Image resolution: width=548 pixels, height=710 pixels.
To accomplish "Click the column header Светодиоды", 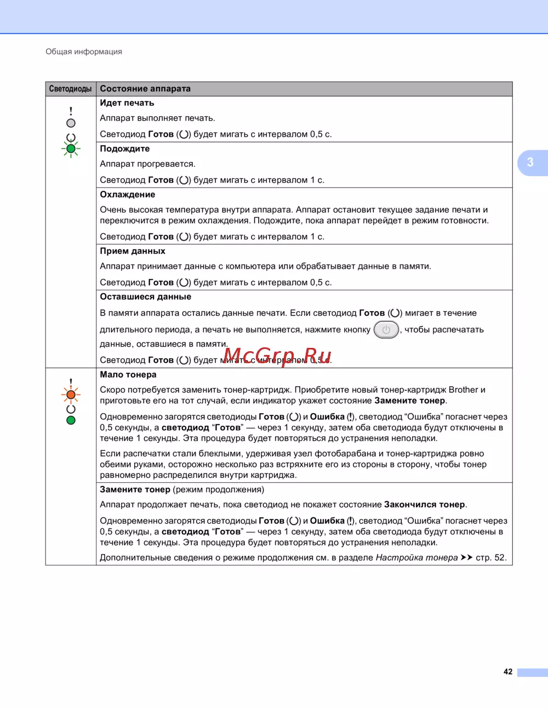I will (71, 89).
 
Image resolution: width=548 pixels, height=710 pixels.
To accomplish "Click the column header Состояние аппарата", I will (145, 89).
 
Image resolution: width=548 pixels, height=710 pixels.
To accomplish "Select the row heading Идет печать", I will (127, 103).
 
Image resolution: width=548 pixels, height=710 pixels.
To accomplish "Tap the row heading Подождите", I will (124, 149).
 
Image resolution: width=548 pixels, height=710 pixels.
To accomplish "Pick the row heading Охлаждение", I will (127, 195).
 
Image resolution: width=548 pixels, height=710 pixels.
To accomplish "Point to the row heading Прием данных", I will (132, 251).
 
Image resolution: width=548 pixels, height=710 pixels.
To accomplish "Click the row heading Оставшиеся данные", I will (145, 297).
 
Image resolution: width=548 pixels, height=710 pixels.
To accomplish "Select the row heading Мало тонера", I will (128, 375).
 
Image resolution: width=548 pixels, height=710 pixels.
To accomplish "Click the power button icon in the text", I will (386, 330).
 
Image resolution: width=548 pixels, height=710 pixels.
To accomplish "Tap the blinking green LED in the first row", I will (71, 149).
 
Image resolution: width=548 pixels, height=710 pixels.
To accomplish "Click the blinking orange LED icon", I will (71, 395).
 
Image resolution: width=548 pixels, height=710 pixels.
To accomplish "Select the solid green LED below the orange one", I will (71, 420).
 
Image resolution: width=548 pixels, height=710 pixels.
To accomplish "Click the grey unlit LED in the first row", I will (71, 123).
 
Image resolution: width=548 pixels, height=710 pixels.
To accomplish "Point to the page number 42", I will (508, 672).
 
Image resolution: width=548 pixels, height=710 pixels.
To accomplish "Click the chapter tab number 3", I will (530, 162).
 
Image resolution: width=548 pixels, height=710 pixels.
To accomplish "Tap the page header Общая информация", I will (84, 52).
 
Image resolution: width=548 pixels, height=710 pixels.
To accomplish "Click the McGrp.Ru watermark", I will (277, 356).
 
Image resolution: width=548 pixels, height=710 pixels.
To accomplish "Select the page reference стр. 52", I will (490, 557).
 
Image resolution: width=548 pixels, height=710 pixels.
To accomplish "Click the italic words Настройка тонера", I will (416, 557).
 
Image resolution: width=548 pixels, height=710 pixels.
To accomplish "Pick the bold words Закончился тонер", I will (424, 505).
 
